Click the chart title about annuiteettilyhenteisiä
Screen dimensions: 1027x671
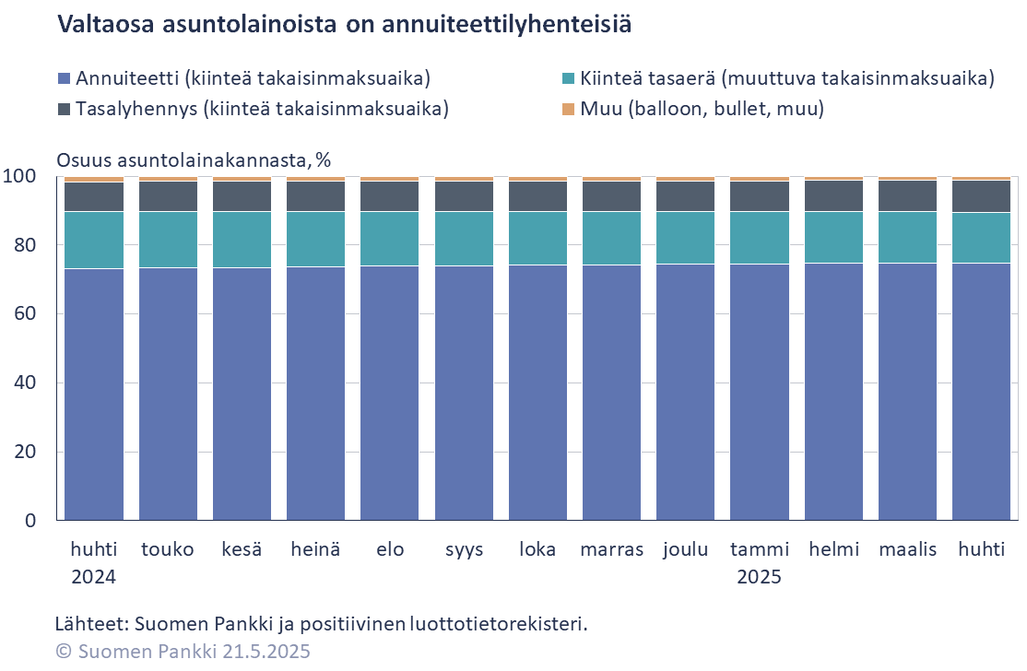click(345, 25)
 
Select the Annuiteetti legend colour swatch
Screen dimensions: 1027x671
click(64, 78)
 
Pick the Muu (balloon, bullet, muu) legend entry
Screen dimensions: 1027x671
click(702, 109)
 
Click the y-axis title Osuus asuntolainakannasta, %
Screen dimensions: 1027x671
click(194, 159)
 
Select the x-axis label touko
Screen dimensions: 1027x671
click(168, 549)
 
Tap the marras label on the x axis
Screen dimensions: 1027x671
click(611, 549)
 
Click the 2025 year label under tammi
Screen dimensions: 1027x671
click(759, 578)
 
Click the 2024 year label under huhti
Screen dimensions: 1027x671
click(94, 578)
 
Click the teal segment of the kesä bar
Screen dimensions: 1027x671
click(242, 240)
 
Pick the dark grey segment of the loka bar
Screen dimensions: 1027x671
click(537, 196)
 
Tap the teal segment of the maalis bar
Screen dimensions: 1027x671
click(907, 238)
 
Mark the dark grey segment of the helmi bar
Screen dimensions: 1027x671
click(833, 195)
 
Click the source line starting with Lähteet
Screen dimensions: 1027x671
click(321, 624)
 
